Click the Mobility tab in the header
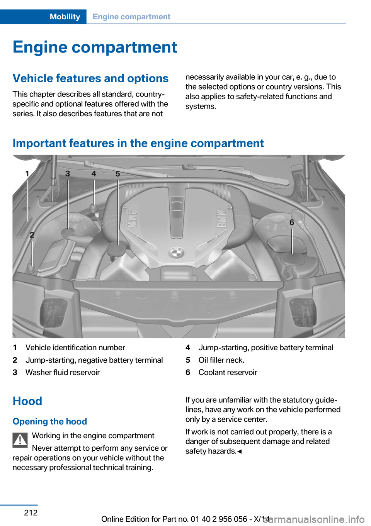point(65,17)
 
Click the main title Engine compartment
point(95,47)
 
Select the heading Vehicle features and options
point(90,78)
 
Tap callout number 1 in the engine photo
point(27,173)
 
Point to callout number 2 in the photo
point(32,235)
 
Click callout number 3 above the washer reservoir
point(68,173)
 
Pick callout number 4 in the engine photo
point(94,173)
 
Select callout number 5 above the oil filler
point(117,174)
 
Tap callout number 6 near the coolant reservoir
point(292,222)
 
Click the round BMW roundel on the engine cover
point(176,253)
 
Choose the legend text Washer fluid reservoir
point(63,372)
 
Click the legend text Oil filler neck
point(221,360)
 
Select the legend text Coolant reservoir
point(228,372)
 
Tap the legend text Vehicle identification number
point(75,348)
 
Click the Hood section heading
point(27,401)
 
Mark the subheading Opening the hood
point(50,421)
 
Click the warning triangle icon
point(20,439)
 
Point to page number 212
point(31,512)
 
